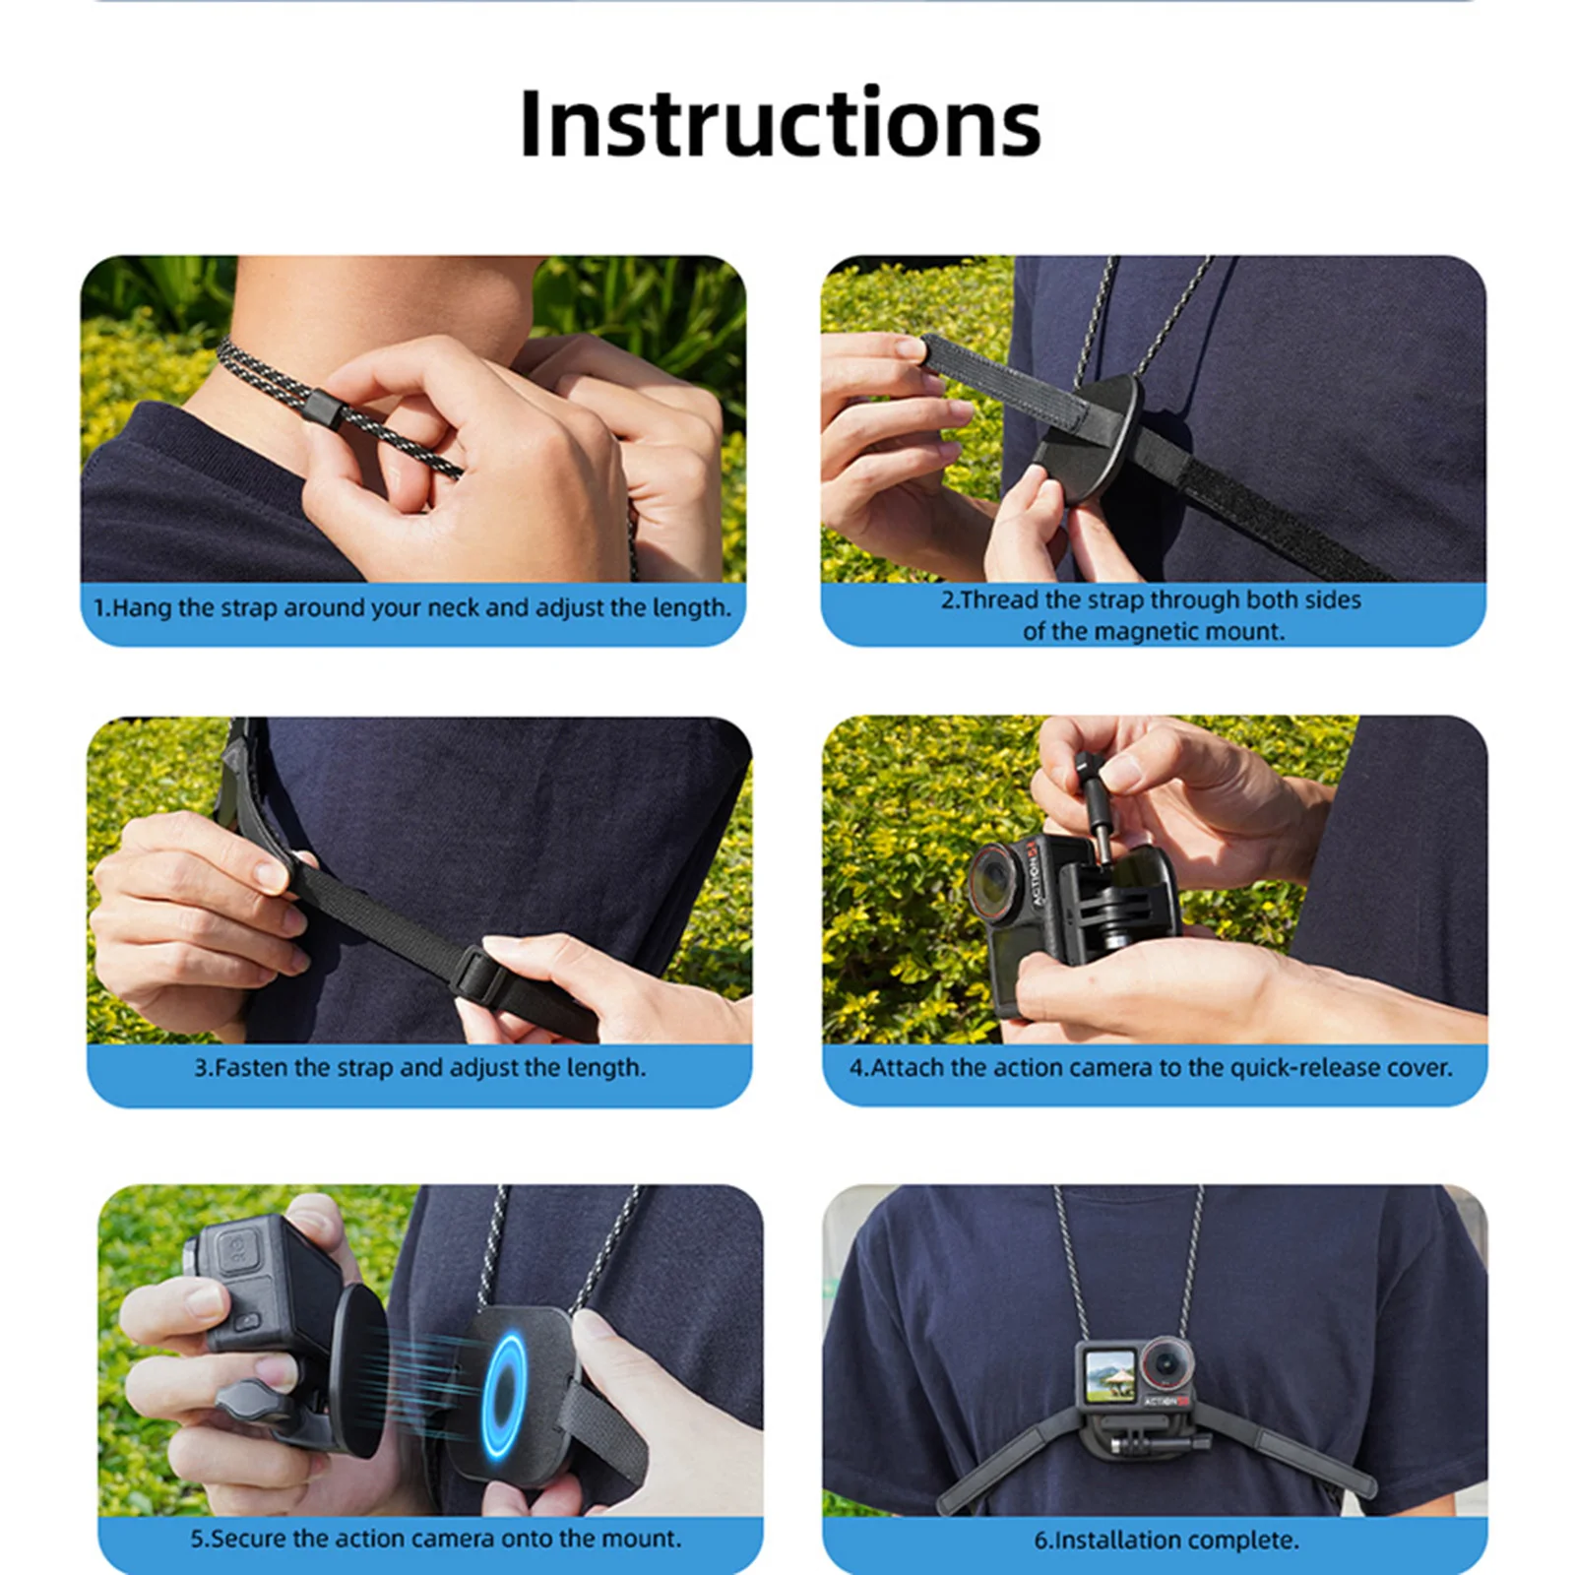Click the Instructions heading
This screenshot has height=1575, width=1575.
[780, 123]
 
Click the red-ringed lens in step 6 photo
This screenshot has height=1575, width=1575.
[1165, 1366]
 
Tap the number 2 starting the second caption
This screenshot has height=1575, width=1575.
[948, 600]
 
